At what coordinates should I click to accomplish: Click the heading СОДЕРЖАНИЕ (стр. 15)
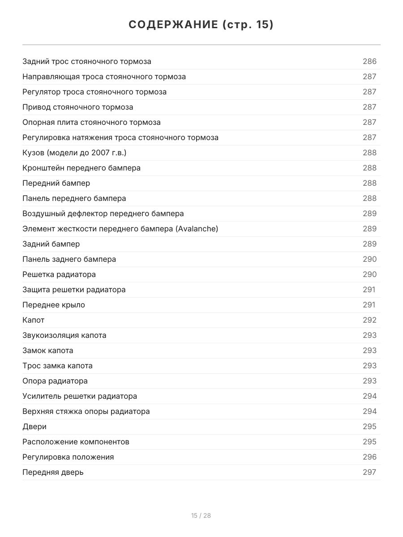[x=201, y=25]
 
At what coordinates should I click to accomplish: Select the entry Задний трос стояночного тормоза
[x=87, y=61]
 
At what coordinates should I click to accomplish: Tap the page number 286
[x=369, y=61]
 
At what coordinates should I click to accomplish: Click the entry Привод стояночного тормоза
[x=78, y=107]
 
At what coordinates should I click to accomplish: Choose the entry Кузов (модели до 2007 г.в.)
[x=74, y=153]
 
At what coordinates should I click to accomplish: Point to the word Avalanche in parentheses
[x=197, y=229]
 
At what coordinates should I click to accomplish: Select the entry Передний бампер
[x=56, y=183]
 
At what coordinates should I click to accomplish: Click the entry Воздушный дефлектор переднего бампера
[x=103, y=213]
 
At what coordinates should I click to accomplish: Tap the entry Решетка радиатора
[x=59, y=274]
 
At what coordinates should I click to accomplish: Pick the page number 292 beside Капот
[x=369, y=320]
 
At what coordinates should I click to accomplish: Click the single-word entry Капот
[x=34, y=320]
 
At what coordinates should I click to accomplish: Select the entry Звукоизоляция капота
[x=64, y=335]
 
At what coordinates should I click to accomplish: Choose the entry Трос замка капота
[x=58, y=366]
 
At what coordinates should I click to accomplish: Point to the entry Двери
[x=34, y=426]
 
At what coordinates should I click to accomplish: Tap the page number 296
[x=369, y=457]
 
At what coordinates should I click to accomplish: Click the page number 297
[x=369, y=472]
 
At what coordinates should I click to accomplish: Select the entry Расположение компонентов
[x=76, y=442]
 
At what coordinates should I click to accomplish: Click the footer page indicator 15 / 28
[x=201, y=516]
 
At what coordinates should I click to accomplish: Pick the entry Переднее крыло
[x=54, y=305]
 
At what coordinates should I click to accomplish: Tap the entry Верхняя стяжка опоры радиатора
[x=86, y=411]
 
